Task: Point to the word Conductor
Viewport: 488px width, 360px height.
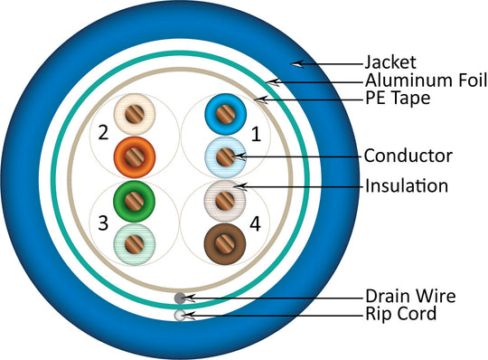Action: click(408, 156)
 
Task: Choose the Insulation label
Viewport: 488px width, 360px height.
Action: click(406, 186)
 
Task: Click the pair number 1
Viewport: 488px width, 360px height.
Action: click(256, 135)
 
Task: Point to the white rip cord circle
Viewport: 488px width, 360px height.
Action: click(180, 314)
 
